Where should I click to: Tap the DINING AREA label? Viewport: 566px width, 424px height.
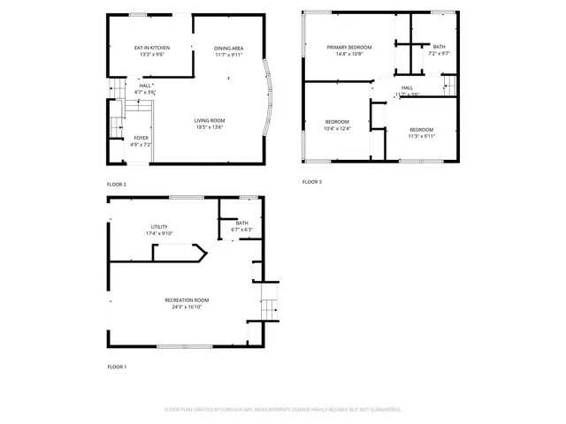coord(229,48)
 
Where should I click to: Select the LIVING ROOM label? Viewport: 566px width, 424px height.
coord(210,120)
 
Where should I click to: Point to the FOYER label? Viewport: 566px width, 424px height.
coord(141,138)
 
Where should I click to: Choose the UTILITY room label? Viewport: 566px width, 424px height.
coord(159,227)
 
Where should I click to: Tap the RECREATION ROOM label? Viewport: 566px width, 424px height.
coord(183,300)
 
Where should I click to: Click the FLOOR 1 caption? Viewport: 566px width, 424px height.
coord(117,367)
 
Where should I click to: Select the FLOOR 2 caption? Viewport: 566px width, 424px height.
coord(117,184)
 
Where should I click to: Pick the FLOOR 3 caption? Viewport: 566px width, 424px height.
coord(312,182)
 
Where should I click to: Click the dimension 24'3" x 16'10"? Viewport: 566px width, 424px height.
coord(183,307)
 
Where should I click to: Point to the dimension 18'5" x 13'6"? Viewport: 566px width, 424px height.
coord(210,127)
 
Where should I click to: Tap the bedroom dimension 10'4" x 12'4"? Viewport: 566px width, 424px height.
coord(336,129)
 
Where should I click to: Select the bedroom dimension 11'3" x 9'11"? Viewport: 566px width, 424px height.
coord(421,136)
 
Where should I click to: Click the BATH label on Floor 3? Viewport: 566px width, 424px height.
coord(439,47)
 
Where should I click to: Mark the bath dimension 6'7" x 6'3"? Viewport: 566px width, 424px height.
coord(241,230)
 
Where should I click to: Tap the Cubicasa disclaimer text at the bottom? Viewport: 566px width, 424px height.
coord(283,410)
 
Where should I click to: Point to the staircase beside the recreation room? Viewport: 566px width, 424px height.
coord(270,309)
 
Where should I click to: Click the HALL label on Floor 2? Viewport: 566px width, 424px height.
coord(146,86)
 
